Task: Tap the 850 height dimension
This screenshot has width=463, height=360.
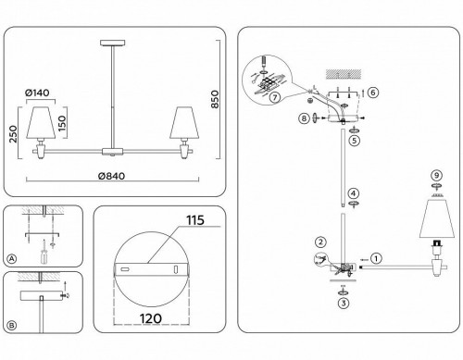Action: pyautogui.click(x=216, y=93)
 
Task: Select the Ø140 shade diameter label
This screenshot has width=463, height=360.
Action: pyautogui.click(x=37, y=93)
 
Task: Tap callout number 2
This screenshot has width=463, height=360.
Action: pyautogui.click(x=319, y=242)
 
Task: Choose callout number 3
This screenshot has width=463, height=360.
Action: pyautogui.click(x=344, y=302)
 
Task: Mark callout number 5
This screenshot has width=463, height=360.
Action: pyautogui.click(x=353, y=141)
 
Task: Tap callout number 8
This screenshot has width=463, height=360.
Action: pyautogui.click(x=303, y=118)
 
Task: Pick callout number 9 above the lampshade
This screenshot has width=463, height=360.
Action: pyautogui.click(x=433, y=176)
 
